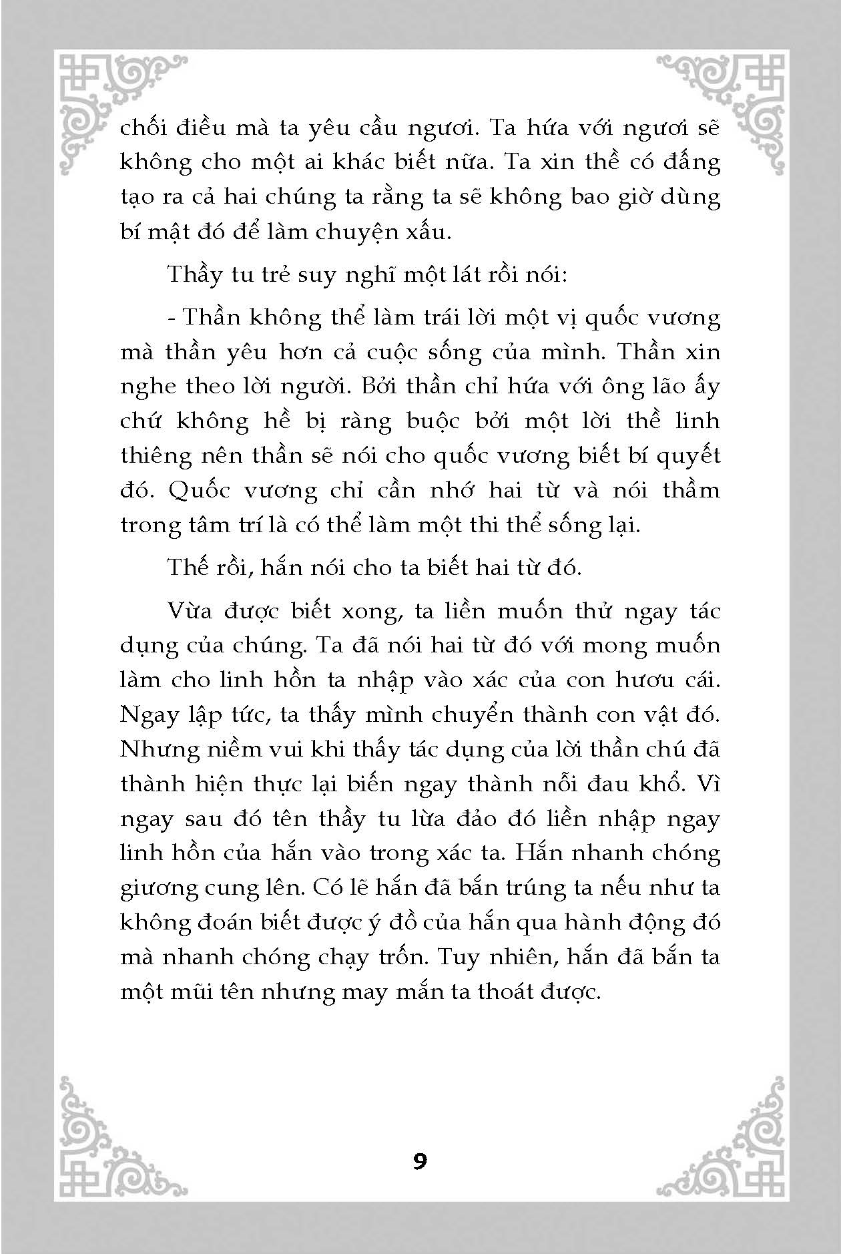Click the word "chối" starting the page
[x=142, y=127]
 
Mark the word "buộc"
[x=433, y=421]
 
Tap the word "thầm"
[x=691, y=491]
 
